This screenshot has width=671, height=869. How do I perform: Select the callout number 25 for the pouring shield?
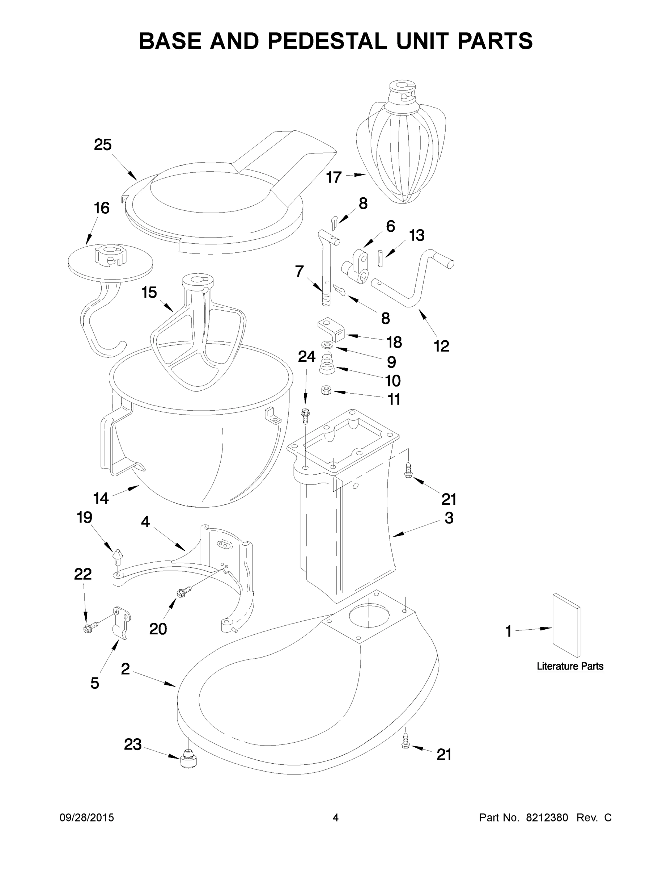103,145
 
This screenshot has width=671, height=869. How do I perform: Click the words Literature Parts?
570,666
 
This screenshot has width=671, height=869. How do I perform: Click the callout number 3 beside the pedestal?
449,518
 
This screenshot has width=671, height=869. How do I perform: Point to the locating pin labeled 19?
118,555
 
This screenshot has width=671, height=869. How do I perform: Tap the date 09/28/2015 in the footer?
87,818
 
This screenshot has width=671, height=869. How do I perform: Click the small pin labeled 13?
381,258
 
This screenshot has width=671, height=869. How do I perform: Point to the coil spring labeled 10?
327,364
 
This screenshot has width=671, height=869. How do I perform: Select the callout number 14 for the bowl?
101,498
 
